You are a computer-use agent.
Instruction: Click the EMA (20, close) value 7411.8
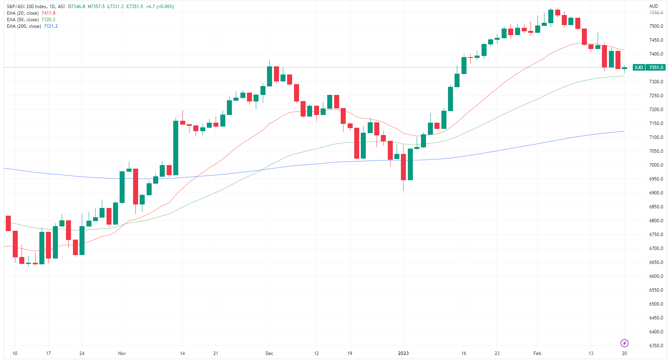coord(48,13)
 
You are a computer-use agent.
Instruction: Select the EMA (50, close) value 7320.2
coord(48,20)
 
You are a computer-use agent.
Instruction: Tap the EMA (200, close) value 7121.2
coord(51,26)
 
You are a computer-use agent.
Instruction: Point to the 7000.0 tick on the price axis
coord(656,165)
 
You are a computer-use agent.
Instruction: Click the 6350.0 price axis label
coord(656,346)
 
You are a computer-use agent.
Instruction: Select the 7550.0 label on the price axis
coord(656,12)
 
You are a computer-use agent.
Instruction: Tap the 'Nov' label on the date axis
coord(122,353)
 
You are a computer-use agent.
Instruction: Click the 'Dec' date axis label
coord(269,353)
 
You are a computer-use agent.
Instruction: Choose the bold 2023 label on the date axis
coord(403,353)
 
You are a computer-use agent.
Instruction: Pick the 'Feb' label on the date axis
coord(537,353)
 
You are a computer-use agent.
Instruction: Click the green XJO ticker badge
coord(639,68)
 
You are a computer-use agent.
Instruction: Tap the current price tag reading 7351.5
coord(656,68)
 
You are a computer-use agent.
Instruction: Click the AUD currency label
coord(654,6)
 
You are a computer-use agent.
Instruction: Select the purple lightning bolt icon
coord(624,343)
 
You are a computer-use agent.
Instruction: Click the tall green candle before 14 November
coord(176,148)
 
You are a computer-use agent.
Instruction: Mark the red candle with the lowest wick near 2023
coord(403,167)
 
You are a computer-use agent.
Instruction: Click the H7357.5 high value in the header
coord(96,7)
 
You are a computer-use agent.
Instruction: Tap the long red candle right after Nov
coord(135,186)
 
